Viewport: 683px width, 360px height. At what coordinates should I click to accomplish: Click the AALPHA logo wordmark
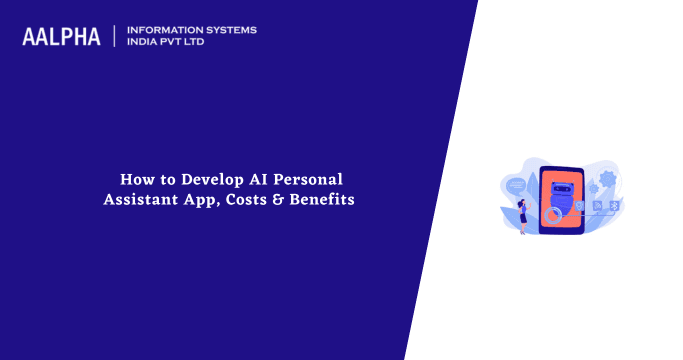(x=61, y=37)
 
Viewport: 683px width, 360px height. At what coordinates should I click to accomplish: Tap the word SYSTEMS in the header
(x=229, y=30)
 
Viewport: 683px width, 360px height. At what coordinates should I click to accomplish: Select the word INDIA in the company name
(x=146, y=43)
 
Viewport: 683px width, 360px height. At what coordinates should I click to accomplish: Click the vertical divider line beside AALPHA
(x=114, y=36)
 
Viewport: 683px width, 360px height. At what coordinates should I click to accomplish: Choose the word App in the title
(x=200, y=199)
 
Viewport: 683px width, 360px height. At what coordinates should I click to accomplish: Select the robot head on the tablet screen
(x=561, y=190)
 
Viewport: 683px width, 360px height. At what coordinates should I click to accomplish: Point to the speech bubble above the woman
(x=515, y=185)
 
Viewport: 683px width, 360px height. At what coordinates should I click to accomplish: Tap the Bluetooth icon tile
(x=613, y=206)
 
